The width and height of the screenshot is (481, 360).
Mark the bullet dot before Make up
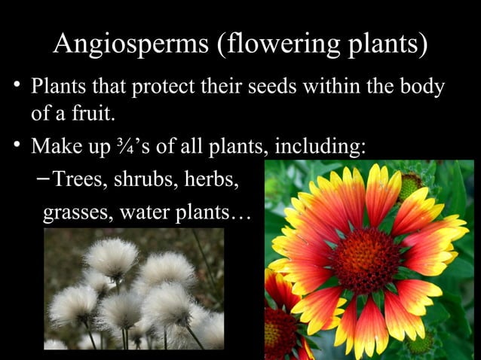coord(15,143)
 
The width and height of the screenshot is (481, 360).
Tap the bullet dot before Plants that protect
coord(15,87)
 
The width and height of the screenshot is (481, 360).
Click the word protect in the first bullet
coord(161,88)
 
